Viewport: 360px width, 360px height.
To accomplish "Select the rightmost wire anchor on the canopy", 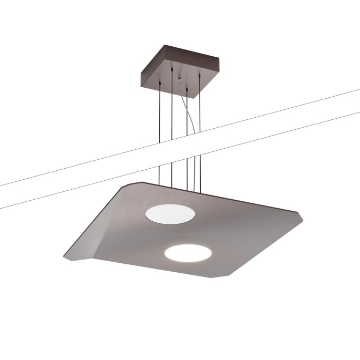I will [x=200, y=78].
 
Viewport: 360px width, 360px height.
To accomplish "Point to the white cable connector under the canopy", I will [x=180, y=80].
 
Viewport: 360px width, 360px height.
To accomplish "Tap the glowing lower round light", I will [x=188, y=254].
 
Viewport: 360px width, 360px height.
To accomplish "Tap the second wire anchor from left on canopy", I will [x=172, y=69].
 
